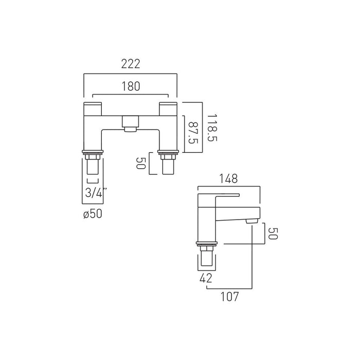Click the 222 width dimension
tap(131, 64)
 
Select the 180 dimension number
tap(131, 86)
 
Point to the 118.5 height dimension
tap(212, 128)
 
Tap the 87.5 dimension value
tap(193, 133)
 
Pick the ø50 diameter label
tap(93, 214)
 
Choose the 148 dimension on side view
tap(228, 178)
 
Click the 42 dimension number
tap(206, 278)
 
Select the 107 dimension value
tap(229, 296)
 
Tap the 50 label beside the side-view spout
tap(273, 233)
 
